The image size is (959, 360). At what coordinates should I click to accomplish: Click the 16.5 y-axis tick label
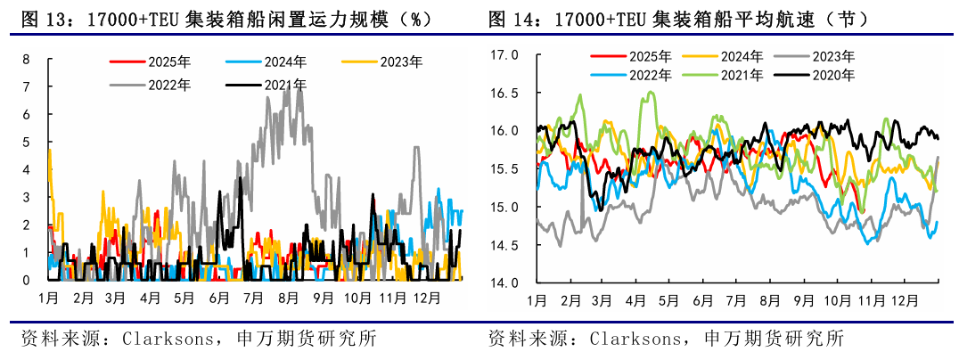[x=504, y=93]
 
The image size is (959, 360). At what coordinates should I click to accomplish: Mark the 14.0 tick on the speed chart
[x=504, y=282]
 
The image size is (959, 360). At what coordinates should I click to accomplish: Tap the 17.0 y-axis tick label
[x=504, y=54]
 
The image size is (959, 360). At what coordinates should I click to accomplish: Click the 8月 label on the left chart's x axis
[x=287, y=297]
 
